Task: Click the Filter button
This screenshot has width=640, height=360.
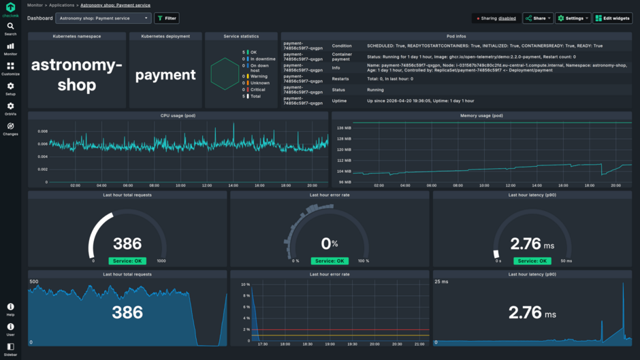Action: (x=167, y=18)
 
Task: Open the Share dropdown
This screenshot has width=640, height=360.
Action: (x=537, y=18)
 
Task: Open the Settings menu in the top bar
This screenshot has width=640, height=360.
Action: (x=573, y=18)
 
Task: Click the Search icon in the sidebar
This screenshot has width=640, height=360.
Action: (x=10, y=28)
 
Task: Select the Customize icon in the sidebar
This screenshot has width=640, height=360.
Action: (x=10, y=68)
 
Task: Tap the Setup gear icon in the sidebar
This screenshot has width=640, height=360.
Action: (x=10, y=88)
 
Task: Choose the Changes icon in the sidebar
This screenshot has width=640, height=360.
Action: (x=10, y=128)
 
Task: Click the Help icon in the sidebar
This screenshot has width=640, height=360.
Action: (x=10, y=309)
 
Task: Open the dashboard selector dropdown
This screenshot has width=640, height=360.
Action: (x=103, y=18)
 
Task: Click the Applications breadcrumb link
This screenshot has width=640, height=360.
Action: (x=61, y=5)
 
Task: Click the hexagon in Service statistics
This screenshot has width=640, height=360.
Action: (x=223, y=73)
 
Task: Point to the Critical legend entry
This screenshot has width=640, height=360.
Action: (x=258, y=89)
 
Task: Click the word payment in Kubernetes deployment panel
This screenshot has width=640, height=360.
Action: (x=165, y=75)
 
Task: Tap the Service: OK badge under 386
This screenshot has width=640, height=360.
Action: (x=127, y=261)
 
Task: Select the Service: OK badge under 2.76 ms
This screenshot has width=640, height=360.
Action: (x=532, y=261)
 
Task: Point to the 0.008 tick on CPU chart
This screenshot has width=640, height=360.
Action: (x=42, y=131)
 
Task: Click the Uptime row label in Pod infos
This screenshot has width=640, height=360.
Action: (x=338, y=101)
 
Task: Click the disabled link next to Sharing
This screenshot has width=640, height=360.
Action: (x=507, y=18)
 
